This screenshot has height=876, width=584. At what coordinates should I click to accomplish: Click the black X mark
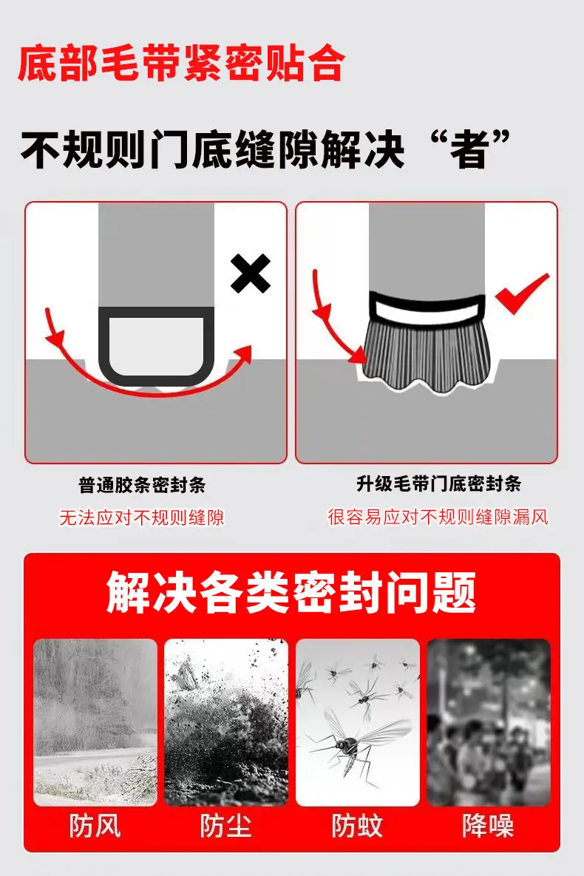pos(251,274)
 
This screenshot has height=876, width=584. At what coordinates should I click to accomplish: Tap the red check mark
pos(522,293)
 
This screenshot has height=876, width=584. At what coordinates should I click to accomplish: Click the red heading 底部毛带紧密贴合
pos(182,63)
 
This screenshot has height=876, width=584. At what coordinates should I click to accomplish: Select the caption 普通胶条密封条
pos(142,484)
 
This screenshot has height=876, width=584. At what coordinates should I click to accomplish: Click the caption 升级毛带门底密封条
pos(438,483)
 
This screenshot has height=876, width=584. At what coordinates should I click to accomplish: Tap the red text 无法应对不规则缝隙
pos(142,517)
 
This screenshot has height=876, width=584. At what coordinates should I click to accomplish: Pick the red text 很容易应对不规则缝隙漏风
pos(438,517)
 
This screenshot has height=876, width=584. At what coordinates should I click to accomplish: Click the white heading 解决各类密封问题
pos(291,592)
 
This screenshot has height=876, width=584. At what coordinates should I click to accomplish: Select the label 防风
pos(95,826)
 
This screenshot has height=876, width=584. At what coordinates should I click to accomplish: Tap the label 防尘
pos(225,826)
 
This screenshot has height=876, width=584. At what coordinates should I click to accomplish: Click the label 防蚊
pos(357,826)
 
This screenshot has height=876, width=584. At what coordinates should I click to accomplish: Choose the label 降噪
pos(488,826)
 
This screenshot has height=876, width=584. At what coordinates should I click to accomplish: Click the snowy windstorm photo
pos(95,722)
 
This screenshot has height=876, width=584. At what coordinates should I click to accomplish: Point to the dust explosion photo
pos(225,722)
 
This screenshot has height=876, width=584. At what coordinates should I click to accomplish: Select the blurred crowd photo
pos(489,722)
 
